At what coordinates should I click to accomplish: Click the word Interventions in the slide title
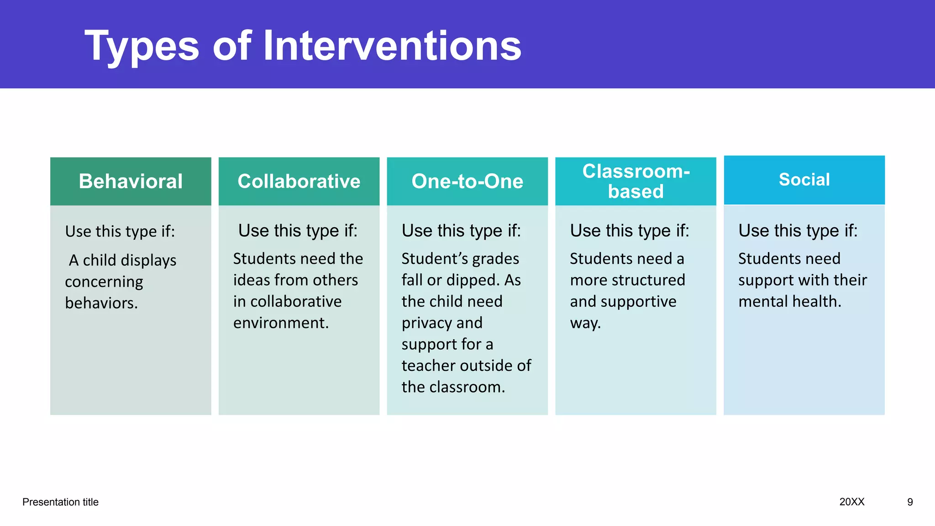tap(392, 46)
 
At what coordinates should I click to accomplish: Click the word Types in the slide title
tap(142, 47)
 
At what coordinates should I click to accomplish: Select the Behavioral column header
tap(131, 181)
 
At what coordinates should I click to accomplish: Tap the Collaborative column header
tap(299, 181)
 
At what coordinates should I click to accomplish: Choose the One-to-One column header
tap(467, 181)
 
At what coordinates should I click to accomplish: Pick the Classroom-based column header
tap(636, 181)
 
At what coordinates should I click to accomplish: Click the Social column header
tap(804, 180)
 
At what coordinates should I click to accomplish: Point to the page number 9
tap(910, 502)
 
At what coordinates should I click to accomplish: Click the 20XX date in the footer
tap(852, 502)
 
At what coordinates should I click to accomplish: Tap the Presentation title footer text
tap(60, 502)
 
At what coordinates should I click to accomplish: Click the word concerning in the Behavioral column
tap(104, 282)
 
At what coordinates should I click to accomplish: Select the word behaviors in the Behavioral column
tap(101, 303)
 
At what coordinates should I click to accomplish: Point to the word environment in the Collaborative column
tap(280, 323)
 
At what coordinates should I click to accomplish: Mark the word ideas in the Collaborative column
tap(251, 280)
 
